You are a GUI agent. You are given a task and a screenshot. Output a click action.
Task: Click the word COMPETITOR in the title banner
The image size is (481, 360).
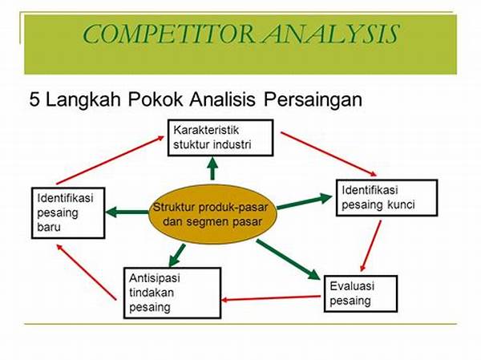168,34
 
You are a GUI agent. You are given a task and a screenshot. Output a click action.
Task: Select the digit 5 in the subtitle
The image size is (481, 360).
34,99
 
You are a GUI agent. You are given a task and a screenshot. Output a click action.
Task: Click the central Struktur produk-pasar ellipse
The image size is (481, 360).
213,214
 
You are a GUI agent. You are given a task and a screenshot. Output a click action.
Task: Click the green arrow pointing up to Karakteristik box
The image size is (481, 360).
212,168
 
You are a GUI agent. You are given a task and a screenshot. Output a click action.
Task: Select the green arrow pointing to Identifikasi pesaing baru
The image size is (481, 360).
127,212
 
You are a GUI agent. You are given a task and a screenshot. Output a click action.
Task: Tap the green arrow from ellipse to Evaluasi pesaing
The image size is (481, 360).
288,260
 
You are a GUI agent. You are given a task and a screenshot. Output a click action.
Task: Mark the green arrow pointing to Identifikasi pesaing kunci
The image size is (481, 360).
305,201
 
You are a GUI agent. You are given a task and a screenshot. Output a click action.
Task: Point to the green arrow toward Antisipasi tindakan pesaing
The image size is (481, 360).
177,255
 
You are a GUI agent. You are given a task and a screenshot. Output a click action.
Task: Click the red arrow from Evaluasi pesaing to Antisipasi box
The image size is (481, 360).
271,298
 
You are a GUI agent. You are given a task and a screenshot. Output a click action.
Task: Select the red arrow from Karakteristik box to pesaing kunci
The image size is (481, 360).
329,154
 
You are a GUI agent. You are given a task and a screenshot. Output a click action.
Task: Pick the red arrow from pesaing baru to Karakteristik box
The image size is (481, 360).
111,160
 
